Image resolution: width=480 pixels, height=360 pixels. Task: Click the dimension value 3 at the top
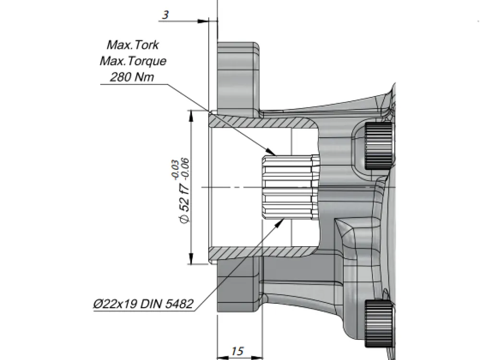click(165, 15)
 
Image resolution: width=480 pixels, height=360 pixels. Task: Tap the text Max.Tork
click(132, 45)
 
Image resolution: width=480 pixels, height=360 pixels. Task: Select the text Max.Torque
click(133, 61)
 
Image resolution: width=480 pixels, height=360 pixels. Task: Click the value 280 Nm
click(132, 77)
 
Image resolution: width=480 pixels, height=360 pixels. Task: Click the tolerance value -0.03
click(175, 169)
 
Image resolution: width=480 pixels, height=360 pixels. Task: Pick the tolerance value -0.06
click(185, 168)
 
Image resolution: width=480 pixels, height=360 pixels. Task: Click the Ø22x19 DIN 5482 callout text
click(143, 304)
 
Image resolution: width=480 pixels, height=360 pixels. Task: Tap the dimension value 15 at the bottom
click(237, 351)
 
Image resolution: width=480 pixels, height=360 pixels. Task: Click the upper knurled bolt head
click(378, 145)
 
